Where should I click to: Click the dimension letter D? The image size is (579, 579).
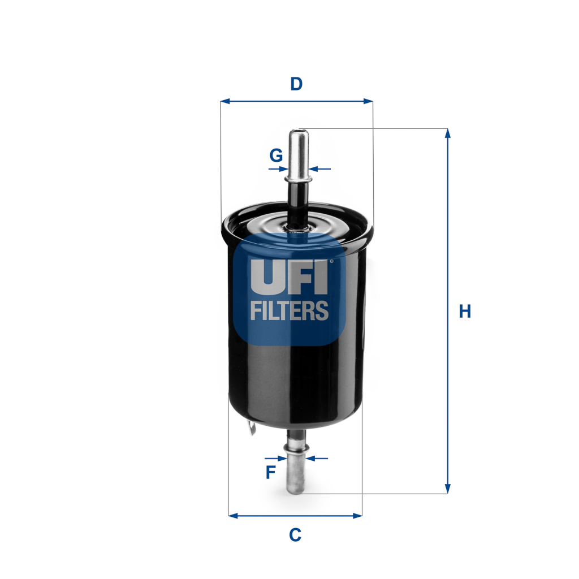296,84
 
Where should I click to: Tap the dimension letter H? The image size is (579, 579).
465,311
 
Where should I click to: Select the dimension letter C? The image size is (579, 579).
295,534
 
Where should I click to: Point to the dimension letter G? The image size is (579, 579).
276,155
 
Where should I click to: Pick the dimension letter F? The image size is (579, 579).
271,472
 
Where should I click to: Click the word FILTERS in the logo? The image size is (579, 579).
289,310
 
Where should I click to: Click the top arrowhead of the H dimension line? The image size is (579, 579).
448,133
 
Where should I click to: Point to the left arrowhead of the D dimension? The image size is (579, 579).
224,101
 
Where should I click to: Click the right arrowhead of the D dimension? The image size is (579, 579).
369,101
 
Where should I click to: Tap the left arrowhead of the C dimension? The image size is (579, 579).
232,516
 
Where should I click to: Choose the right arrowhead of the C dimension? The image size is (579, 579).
357,516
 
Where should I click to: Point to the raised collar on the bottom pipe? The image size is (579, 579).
297,449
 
